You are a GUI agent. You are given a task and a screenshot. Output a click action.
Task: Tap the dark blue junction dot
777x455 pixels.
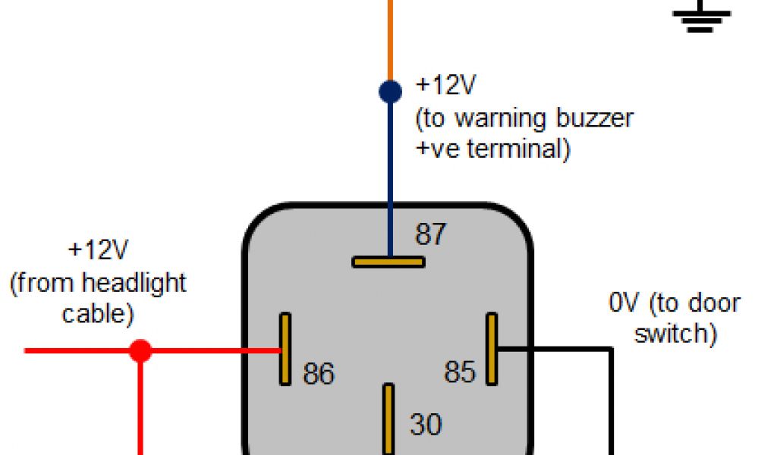click(x=390, y=92)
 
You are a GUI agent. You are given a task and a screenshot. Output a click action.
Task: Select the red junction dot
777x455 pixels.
click(x=140, y=350)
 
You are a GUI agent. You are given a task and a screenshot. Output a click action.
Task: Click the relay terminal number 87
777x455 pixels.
click(x=430, y=234)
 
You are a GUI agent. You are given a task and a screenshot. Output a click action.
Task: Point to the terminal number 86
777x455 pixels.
click(x=319, y=373)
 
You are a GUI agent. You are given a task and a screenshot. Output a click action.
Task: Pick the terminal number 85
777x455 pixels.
click(x=460, y=372)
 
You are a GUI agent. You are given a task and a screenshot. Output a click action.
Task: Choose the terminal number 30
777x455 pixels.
click(x=426, y=424)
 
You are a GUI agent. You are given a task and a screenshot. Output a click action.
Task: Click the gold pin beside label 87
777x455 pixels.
click(x=388, y=262)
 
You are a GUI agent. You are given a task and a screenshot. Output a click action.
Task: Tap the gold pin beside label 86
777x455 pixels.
click(x=285, y=349)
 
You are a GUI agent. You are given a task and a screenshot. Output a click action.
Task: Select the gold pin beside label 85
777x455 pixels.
click(x=492, y=348)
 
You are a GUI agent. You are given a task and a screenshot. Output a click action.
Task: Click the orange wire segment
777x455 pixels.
click(x=390, y=38)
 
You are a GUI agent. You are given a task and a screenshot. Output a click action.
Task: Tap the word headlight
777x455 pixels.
click(x=134, y=284)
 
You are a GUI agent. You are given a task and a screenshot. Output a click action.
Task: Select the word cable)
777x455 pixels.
click(x=97, y=312)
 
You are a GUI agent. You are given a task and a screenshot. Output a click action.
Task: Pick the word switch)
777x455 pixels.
click(x=675, y=334)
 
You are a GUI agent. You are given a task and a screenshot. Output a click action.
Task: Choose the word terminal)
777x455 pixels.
click(x=518, y=148)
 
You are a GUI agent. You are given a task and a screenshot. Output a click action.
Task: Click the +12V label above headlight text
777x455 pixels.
click(x=98, y=250)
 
